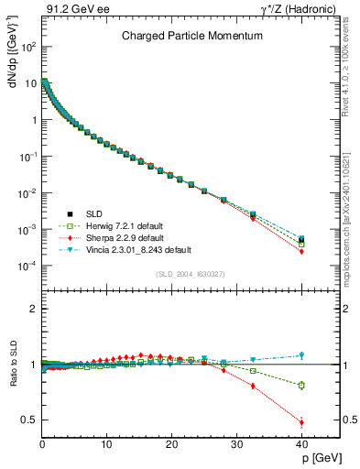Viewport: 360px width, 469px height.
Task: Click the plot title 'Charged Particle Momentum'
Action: pyautogui.click(x=192, y=36)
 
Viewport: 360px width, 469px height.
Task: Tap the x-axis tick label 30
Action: pyautogui.click(x=236, y=444)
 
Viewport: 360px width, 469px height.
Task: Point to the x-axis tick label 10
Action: pyautogui.click(x=106, y=444)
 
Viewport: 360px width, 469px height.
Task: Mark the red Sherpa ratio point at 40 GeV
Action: pyautogui.click(x=301, y=422)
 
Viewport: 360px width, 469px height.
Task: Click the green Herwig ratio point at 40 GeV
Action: pyautogui.click(x=301, y=386)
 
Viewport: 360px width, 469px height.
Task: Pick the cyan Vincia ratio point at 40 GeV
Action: pyautogui.click(x=301, y=355)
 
